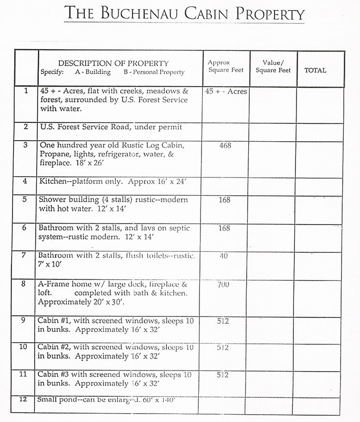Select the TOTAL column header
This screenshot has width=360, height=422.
click(x=315, y=70)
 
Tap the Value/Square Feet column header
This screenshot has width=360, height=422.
click(x=273, y=67)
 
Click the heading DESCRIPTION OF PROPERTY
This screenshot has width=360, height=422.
click(x=113, y=63)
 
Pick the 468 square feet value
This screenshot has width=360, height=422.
click(x=226, y=145)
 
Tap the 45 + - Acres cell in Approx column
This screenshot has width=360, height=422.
click(x=226, y=91)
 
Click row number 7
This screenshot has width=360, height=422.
click(x=25, y=255)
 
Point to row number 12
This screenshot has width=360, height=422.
click(x=24, y=399)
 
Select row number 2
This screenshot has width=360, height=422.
click(x=25, y=127)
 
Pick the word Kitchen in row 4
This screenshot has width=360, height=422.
click(x=52, y=181)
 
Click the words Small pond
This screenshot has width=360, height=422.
click(x=58, y=400)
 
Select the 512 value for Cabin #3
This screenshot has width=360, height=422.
click(x=222, y=375)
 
